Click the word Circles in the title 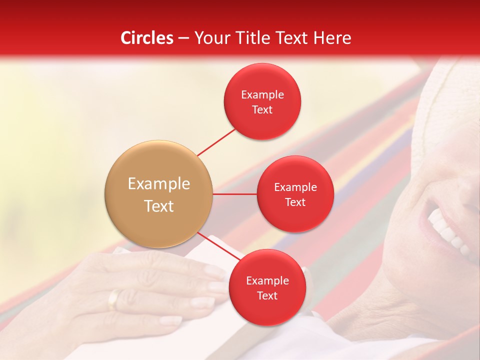[x=147, y=38]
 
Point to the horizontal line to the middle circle [x=234, y=194]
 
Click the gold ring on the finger [x=114, y=299]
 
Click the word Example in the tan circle [x=158, y=184]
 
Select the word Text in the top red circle [x=262, y=109]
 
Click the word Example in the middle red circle [x=295, y=187]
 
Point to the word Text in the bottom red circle [x=267, y=295]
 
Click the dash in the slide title [x=183, y=38]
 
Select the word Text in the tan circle [x=158, y=206]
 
